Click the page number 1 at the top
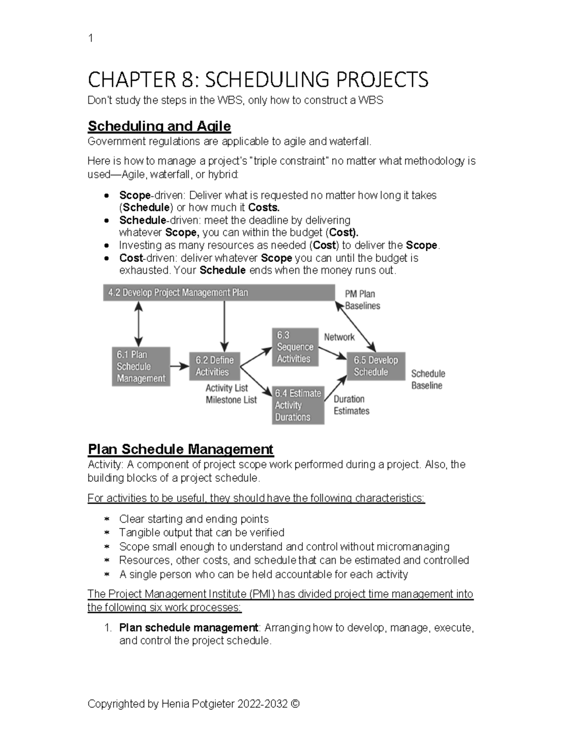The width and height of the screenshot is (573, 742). pyautogui.click(x=91, y=39)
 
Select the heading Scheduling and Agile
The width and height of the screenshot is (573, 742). pyautogui.click(x=159, y=126)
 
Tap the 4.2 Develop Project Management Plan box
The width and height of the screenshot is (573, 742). pyautogui.click(x=219, y=293)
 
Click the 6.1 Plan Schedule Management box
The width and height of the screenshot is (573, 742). pyautogui.click(x=141, y=366)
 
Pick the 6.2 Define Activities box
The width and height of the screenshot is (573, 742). pyautogui.click(x=214, y=366)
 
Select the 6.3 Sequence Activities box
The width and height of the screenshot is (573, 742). pyautogui.click(x=295, y=347)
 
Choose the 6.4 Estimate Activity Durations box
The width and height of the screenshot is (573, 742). pyautogui.click(x=298, y=405)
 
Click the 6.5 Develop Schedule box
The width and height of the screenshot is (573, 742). pyautogui.click(x=376, y=366)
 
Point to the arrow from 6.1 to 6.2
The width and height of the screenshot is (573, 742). pyautogui.click(x=180, y=366)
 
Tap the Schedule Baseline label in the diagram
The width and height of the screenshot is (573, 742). pyautogui.click(x=428, y=379)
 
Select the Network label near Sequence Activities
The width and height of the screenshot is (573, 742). pyautogui.click(x=339, y=337)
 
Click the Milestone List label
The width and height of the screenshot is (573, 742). pyautogui.click(x=231, y=400)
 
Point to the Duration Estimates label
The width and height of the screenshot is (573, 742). pyautogui.click(x=351, y=405)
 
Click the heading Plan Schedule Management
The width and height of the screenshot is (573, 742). pyautogui.click(x=180, y=449)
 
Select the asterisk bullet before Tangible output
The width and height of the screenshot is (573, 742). pyautogui.click(x=107, y=533)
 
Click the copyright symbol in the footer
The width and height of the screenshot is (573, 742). pyautogui.click(x=295, y=704)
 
